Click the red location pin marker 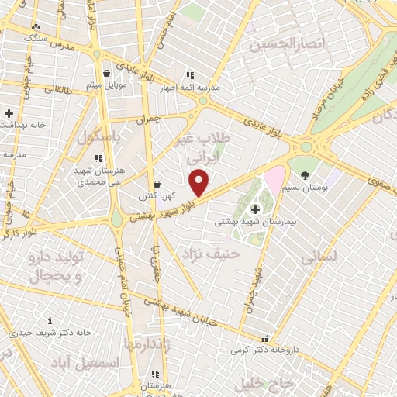[199, 182]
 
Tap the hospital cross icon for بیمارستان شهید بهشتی [254, 209]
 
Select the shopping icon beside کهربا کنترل [158, 185]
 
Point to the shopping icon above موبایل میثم [106, 74]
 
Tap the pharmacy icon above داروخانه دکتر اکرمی [266, 339]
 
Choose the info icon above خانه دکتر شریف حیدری [50, 319]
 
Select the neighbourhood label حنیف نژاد [212, 254]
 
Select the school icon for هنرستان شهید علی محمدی [98, 158]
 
